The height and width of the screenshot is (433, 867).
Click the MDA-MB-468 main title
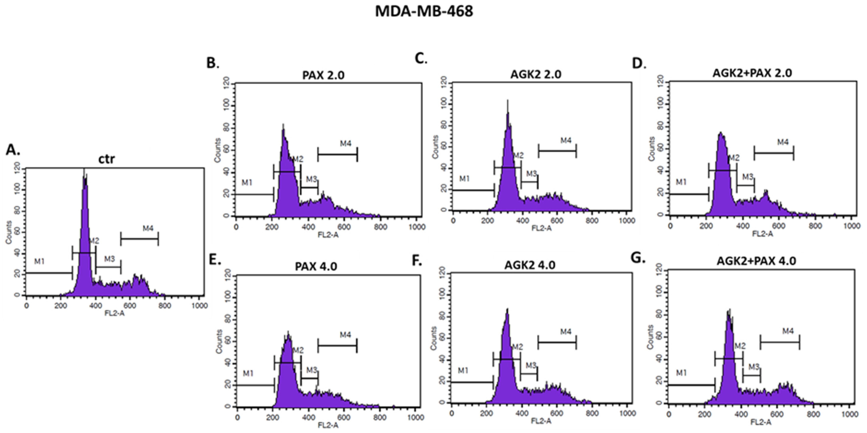pos(424,11)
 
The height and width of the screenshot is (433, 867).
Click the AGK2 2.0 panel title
pos(536,74)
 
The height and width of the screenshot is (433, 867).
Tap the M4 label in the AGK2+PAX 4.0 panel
pos(788,331)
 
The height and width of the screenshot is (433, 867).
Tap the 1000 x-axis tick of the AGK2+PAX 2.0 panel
pos(851,226)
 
